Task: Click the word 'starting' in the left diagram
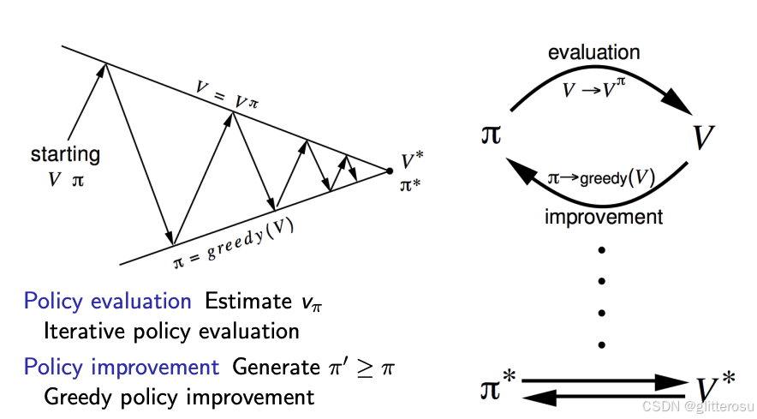[x=65, y=156]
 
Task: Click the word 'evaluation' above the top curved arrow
[x=593, y=52]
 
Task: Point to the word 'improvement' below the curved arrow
[x=604, y=216]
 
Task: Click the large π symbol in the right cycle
[x=492, y=136]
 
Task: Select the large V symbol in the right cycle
[x=703, y=137]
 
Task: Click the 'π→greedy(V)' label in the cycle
[x=600, y=179]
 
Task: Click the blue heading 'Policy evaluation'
[x=107, y=302]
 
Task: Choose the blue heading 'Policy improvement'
[x=121, y=368]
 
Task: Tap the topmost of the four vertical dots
[x=602, y=249]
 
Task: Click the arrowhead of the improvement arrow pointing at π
[x=520, y=171]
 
